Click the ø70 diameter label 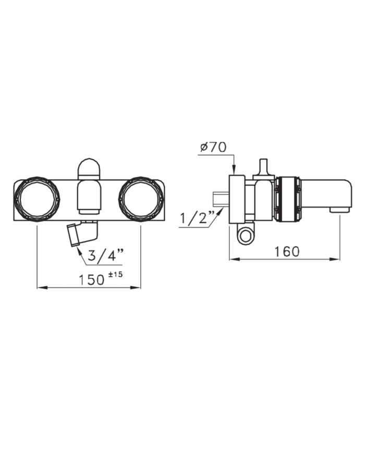[x=213, y=148]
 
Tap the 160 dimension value [x=286, y=251]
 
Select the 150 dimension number [x=92, y=279]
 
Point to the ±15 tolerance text [x=115, y=274]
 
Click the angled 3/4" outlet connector [x=82, y=233]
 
